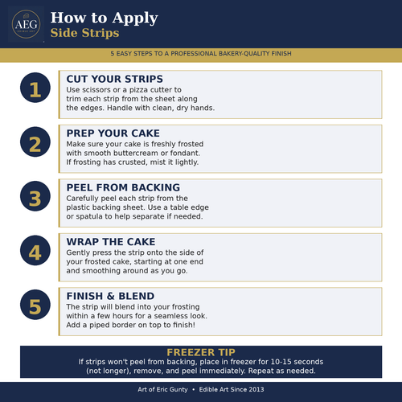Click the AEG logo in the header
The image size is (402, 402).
click(26, 24)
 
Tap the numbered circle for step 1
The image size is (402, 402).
click(35, 88)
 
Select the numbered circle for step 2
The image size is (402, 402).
click(35, 142)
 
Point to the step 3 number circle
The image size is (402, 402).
click(35, 196)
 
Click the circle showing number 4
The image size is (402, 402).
click(35, 251)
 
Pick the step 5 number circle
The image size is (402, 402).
click(35, 305)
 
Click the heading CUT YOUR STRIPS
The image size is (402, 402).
click(115, 79)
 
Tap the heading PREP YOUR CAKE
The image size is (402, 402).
click(113, 133)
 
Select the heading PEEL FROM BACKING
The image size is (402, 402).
click(123, 187)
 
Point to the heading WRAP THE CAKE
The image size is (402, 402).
click(111, 242)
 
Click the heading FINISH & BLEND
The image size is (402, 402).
click(110, 296)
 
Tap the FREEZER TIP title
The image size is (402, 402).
click(201, 352)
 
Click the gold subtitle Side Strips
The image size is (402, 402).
click(84, 33)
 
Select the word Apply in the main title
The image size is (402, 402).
click(135, 18)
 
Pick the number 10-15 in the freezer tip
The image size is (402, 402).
click(281, 362)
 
